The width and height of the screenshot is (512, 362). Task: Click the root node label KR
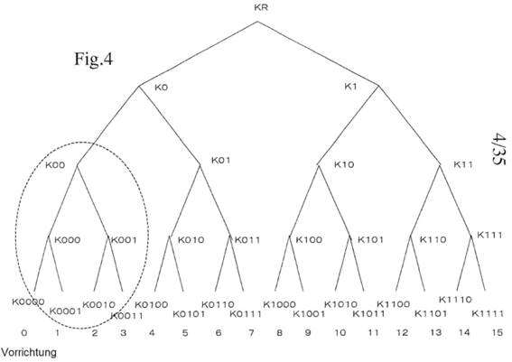261,7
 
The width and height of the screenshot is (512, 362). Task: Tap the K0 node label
162,88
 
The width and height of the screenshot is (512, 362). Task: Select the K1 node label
350,87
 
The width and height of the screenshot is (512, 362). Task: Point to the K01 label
221,161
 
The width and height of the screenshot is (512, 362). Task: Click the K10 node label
344,164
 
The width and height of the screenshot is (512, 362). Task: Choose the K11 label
463,164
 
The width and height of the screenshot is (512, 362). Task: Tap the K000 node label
67,240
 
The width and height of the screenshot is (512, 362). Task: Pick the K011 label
247,240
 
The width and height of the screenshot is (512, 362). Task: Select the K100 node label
309,240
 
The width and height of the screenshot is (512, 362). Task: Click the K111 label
489,235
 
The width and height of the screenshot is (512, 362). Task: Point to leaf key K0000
28,302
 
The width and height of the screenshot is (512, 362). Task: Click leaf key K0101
189,314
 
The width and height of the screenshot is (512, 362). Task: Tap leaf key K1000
280,304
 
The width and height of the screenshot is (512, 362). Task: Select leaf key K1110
455,300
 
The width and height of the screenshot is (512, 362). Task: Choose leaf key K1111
488,313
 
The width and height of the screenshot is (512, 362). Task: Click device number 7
251,333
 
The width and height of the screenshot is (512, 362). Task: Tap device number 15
498,332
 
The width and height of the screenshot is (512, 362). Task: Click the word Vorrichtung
29,353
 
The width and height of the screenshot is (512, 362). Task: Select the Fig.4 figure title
94,59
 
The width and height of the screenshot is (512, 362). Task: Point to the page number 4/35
499,149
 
